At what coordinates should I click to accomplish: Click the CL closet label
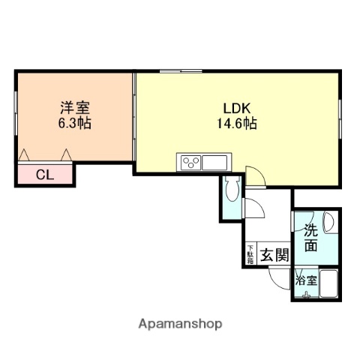pyautogui.click(x=45, y=175)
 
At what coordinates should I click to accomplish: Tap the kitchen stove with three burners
pyautogui.click(x=190, y=161)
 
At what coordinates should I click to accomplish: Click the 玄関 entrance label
pyautogui.click(x=275, y=255)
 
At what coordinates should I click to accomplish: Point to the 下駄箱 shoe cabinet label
pyautogui.click(x=250, y=255)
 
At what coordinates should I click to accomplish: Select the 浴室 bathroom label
pyautogui.click(x=305, y=281)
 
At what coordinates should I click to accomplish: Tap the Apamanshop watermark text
pyautogui.click(x=180, y=324)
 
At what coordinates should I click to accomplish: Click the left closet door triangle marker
pyautogui.click(x=24, y=155)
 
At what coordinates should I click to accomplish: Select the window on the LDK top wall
pyautogui.click(x=180, y=71)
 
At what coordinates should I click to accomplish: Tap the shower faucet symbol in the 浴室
pyautogui.click(x=305, y=295)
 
